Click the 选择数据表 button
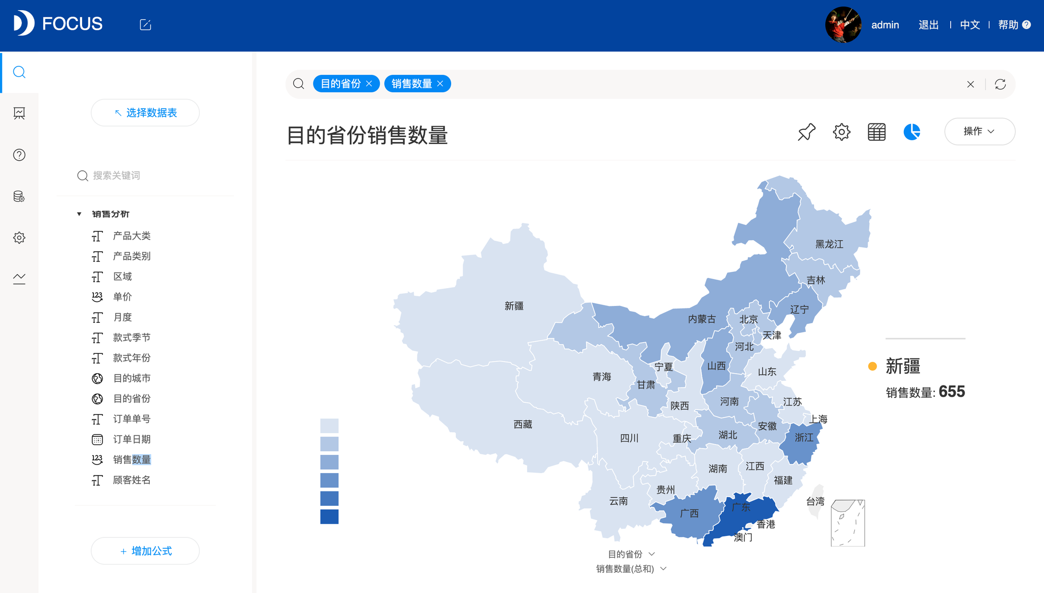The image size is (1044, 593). point(145,113)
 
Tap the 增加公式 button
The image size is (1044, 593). point(145,551)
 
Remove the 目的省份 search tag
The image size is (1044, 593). point(369,84)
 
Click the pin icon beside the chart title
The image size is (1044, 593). point(806,132)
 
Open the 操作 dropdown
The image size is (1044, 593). point(979,132)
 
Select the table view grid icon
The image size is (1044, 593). point(876,132)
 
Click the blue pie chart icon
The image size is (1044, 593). point(911,132)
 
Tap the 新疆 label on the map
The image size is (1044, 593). point(514,306)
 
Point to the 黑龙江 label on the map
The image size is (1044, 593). point(829,244)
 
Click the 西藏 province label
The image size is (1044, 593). point(523,424)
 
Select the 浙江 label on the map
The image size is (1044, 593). point(804,437)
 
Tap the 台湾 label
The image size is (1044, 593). point(815,501)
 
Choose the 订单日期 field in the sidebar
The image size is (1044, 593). point(132,439)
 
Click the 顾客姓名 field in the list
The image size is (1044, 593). point(132,480)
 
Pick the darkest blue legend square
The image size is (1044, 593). point(329,517)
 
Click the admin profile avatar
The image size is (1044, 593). point(843,24)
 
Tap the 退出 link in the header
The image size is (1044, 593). point(928,25)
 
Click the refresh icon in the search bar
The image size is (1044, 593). point(1000,84)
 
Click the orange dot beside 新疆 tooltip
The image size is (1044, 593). point(872,366)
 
